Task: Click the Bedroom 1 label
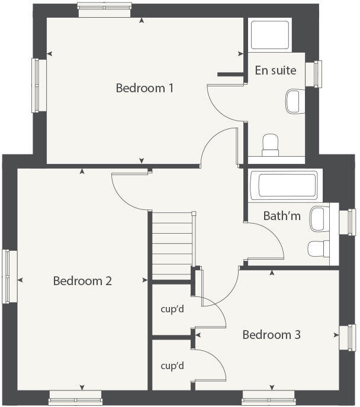click(144, 88)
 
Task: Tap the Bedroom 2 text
click(82, 281)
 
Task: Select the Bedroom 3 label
click(272, 335)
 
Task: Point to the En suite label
click(275, 70)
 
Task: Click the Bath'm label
click(282, 216)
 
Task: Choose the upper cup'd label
click(172, 309)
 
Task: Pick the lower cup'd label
click(172, 366)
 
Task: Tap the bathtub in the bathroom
click(284, 186)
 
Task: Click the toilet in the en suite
click(271, 144)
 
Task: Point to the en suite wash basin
click(294, 101)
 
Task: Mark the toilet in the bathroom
click(318, 248)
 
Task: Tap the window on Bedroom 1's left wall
click(40, 85)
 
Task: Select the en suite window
click(318, 74)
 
